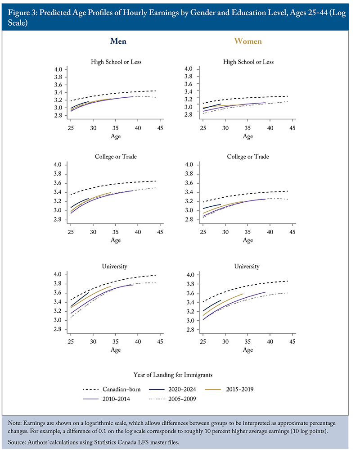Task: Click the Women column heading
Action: point(247,41)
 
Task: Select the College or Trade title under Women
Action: point(247,156)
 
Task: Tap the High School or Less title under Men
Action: point(116,62)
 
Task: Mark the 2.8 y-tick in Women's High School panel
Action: point(189,114)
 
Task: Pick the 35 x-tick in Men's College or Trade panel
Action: point(115,232)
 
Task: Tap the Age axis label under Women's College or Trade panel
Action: point(247,240)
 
